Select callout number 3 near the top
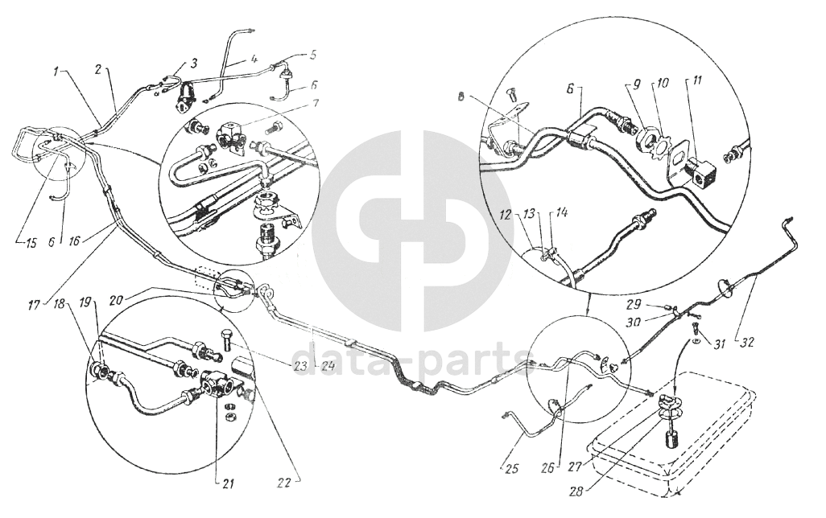click(194, 64)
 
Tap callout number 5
click(313, 54)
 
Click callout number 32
click(747, 343)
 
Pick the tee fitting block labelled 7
click(233, 135)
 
